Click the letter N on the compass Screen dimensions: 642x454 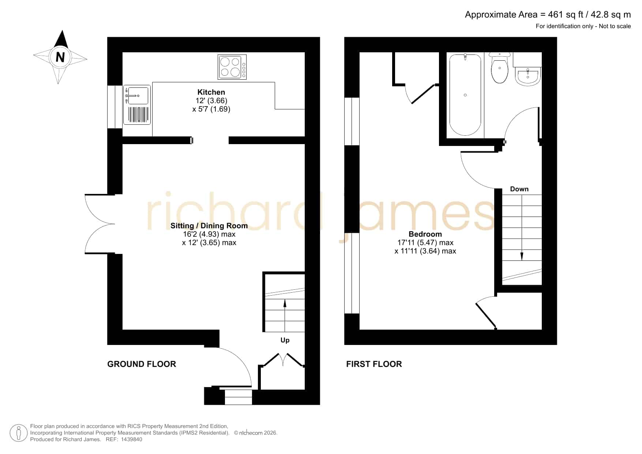tap(60, 57)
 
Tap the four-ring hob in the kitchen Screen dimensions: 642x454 tap(232, 67)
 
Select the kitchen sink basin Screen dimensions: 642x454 tap(138, 95)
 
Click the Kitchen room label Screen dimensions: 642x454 tap(211, 92)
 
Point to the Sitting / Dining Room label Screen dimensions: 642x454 tap(209, 226)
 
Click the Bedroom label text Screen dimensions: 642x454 tap(425, 234)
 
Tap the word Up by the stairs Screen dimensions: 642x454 tap(285, 340)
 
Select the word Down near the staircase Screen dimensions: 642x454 tap(519, 189)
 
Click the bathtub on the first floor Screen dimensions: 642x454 tap(465, 95)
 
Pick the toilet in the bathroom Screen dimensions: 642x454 tap(500, 68)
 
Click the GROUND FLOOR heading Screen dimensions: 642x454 tap(142, 364)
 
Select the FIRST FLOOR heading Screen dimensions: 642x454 tap(374, 364)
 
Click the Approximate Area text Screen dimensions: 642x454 tap(548, 15)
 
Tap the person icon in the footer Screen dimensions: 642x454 tap(19, 433)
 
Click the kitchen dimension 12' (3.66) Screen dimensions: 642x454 tap(211, 101)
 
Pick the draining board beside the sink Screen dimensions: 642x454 tap(138, 115)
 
